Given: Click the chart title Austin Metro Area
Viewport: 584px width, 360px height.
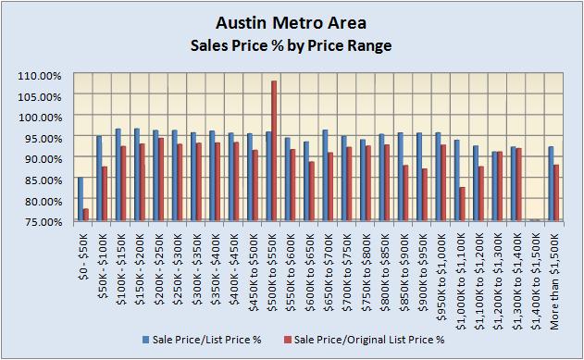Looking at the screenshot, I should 291,21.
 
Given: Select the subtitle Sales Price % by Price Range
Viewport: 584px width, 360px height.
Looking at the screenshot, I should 291,43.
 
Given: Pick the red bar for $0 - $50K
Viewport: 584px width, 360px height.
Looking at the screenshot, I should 86,215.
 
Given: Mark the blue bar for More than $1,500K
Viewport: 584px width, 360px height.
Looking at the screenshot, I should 551,183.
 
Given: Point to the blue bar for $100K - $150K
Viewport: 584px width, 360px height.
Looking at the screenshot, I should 118,174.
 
